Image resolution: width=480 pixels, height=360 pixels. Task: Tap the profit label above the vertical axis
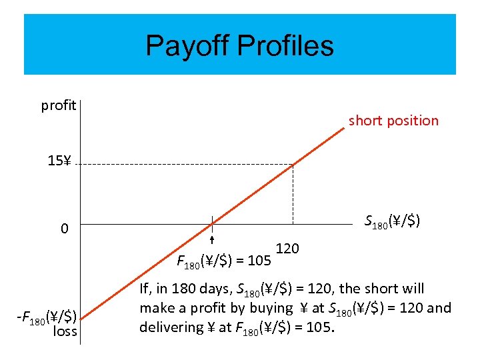click(x=58, y=105)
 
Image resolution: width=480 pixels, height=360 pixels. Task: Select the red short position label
click(x=393, y=121)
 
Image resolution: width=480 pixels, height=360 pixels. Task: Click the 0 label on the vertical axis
click(x=64, y=229)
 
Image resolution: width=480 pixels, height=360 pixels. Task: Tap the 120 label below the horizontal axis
click(x=287, y=249)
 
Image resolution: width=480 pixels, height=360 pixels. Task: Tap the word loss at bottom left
click(x=65, y=331)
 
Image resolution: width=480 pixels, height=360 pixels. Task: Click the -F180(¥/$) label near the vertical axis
click(x=47, y=316)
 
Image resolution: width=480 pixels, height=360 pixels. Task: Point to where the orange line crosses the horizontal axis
click(x=211, y=225)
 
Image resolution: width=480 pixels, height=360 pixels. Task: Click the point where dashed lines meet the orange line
click(x=292, y=164)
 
